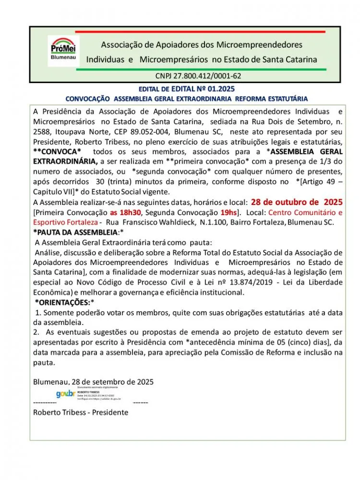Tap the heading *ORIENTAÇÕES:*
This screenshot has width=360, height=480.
(x=64, y=302)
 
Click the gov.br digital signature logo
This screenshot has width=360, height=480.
(x=65, y=394)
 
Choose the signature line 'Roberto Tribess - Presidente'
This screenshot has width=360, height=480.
(x=81, y=412)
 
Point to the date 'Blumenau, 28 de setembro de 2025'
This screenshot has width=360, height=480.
(x=93, y=382)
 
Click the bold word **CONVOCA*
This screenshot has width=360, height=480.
(x=57, y=151)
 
